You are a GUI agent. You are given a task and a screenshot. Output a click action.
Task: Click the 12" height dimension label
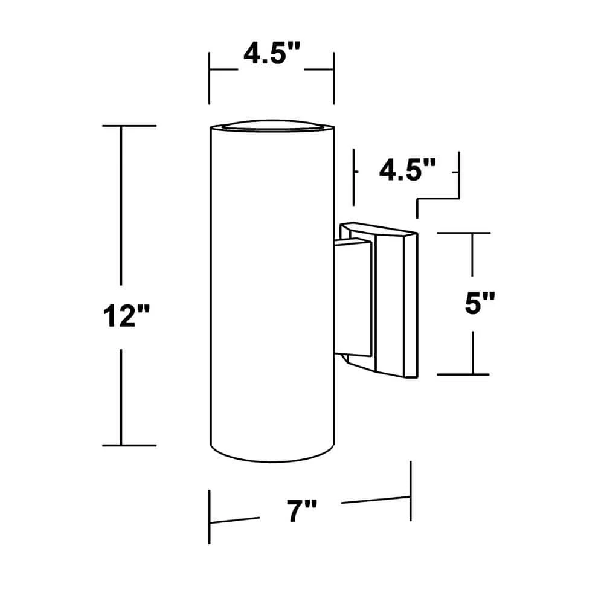[x=126, y=316]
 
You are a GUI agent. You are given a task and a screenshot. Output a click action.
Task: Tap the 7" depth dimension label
[x=301, y=511]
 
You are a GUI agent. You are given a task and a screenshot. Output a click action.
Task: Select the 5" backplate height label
[x=480, y=303]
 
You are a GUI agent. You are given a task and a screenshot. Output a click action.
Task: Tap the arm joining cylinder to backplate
[x=353, y=297]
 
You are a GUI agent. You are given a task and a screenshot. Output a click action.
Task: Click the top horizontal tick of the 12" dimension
[x=129, y=126]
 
